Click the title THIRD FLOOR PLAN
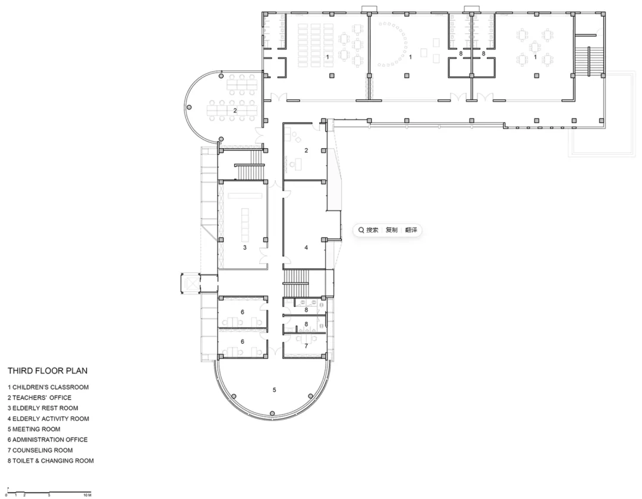click(48, 371)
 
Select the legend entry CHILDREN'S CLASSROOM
click(48, 387)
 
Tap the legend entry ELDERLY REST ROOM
click(43, 408)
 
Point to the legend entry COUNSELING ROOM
click(40, 450)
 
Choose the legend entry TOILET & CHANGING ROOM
click(51, 461)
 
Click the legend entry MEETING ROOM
click(34, 429)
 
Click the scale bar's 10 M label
click(87, 495)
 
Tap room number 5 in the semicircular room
click(274, 390)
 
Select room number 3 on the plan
click(245, 247)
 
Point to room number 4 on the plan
click(306, 247)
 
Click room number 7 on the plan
click(306, 346)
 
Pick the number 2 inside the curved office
click(235, 111)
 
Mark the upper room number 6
click(243, 312)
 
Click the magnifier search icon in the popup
click(361, 230)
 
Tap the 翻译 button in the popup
click(411, 230)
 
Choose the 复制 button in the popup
click(391, 230)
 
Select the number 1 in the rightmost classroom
click(535, 57)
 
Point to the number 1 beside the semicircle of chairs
click(410, 57)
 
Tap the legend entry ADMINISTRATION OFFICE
click(48, 440)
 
